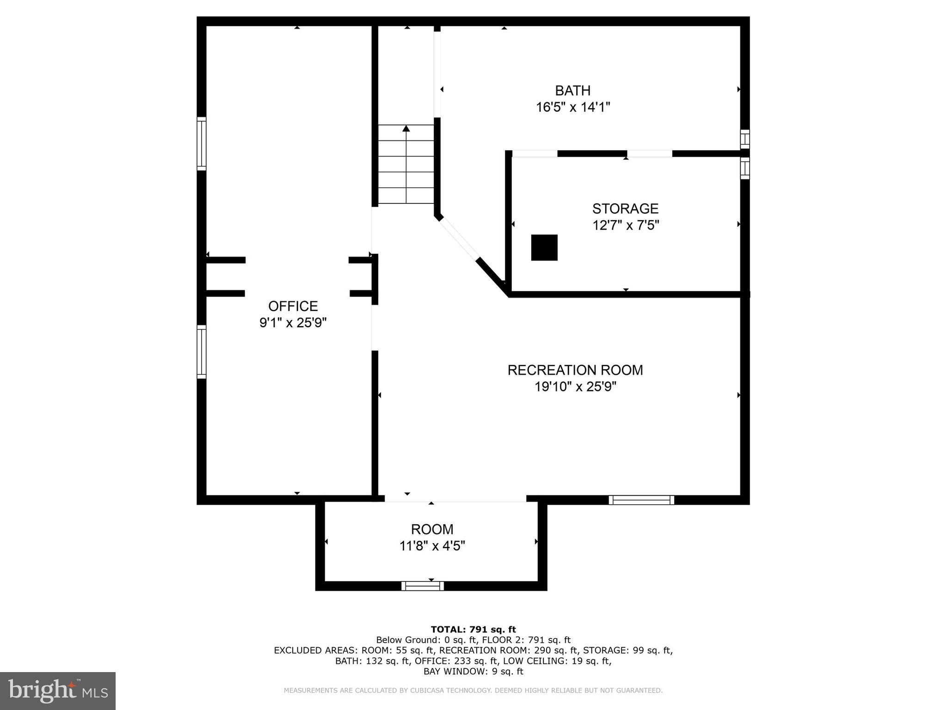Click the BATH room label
[x=573, y=90]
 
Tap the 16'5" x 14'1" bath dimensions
[x=573, y=107]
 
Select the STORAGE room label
[x=625, y=208]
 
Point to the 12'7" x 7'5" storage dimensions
[x=626, y=225]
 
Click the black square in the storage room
[x=544, y=248]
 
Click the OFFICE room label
[x=293, y=306]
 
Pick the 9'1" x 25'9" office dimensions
[x=293, y=323]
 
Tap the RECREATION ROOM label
[x=575, y=370]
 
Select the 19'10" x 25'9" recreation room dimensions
[x=575, y=386]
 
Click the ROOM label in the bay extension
[x=432, y=529]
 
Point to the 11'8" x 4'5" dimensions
[x=432, y=546]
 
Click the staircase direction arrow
[x=406, y=164]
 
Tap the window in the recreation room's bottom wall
[x=641, y=500]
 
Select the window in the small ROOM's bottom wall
[x=423, y=586]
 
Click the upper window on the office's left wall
[x=202, y=144]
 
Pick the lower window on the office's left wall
[x=202, y=352]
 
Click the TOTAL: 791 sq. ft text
[x=473, y=629]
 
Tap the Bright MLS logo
[x=58, y=691]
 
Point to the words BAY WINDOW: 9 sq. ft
[x=473, y=672]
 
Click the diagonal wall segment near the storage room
[x=493, y=277]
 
